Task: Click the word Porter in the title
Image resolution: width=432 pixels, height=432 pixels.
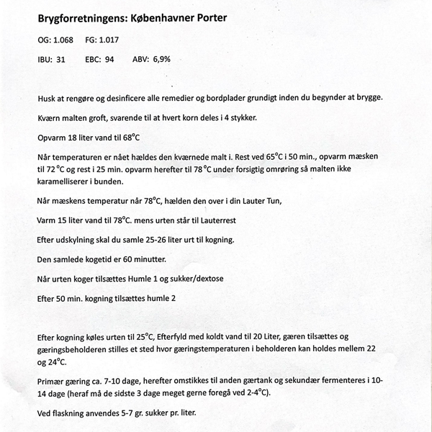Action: [x=206, y=16]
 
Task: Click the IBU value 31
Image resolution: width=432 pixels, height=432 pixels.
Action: [x=60, y=60]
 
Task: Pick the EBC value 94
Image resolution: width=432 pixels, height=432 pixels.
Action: [x=109, y=60]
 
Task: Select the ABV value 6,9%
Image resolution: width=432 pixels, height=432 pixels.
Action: [x=161, y=60]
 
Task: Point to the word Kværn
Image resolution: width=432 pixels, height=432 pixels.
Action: [x=50, y=117]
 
